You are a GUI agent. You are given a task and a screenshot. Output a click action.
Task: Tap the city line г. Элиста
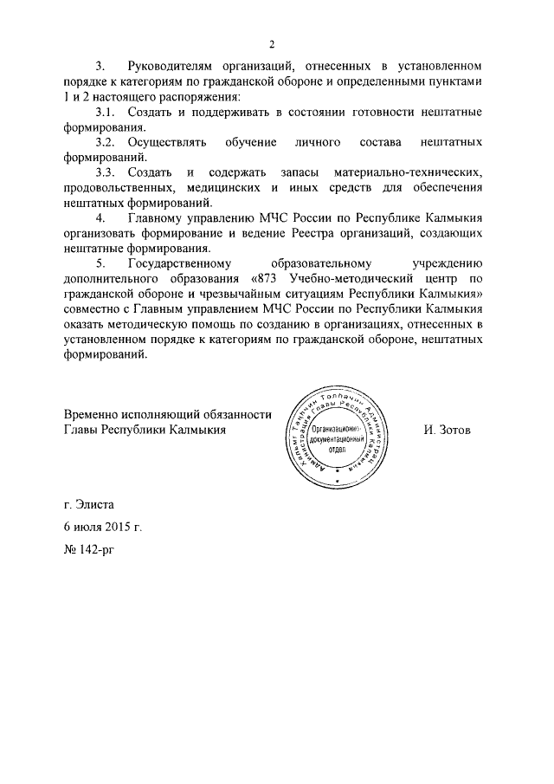tap(88, 503)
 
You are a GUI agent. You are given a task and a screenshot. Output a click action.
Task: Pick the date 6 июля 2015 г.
tap(102, 527)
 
